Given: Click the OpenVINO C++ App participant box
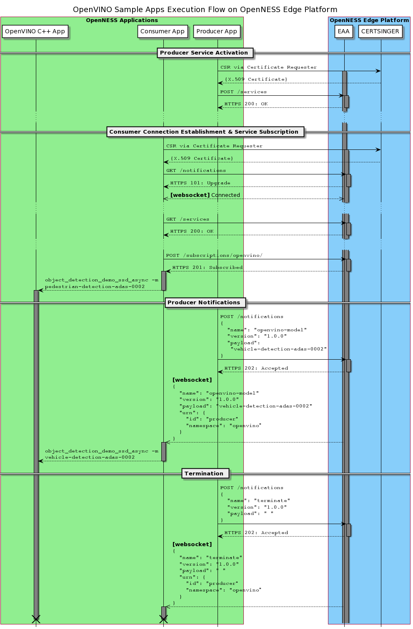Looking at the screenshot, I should (35, 31).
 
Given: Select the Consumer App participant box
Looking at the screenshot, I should (163, 31).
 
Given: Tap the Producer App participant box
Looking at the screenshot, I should (217, 31).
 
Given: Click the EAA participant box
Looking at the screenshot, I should (344, 31).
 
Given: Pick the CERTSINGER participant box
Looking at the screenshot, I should (380, 31).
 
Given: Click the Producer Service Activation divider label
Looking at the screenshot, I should (204, 53).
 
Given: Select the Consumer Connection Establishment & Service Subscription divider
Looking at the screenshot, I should (204, 132).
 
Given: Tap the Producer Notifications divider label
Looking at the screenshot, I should (204, 303).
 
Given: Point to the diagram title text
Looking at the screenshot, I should (205, 10).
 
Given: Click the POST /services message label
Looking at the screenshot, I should (243, 92).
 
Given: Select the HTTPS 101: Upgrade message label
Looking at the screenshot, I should (200, 183).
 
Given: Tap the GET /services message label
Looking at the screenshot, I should (188, 219).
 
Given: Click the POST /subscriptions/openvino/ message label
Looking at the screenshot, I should (214, 256).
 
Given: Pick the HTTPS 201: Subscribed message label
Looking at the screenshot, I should (207, 268).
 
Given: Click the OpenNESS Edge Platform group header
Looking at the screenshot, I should (369, 20).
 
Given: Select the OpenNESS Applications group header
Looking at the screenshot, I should (122, 20).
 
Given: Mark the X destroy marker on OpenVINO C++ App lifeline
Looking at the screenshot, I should (36, 619).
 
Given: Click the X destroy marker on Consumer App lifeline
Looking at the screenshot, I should (163, 619).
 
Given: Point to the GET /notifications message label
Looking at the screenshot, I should (196, 171).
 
